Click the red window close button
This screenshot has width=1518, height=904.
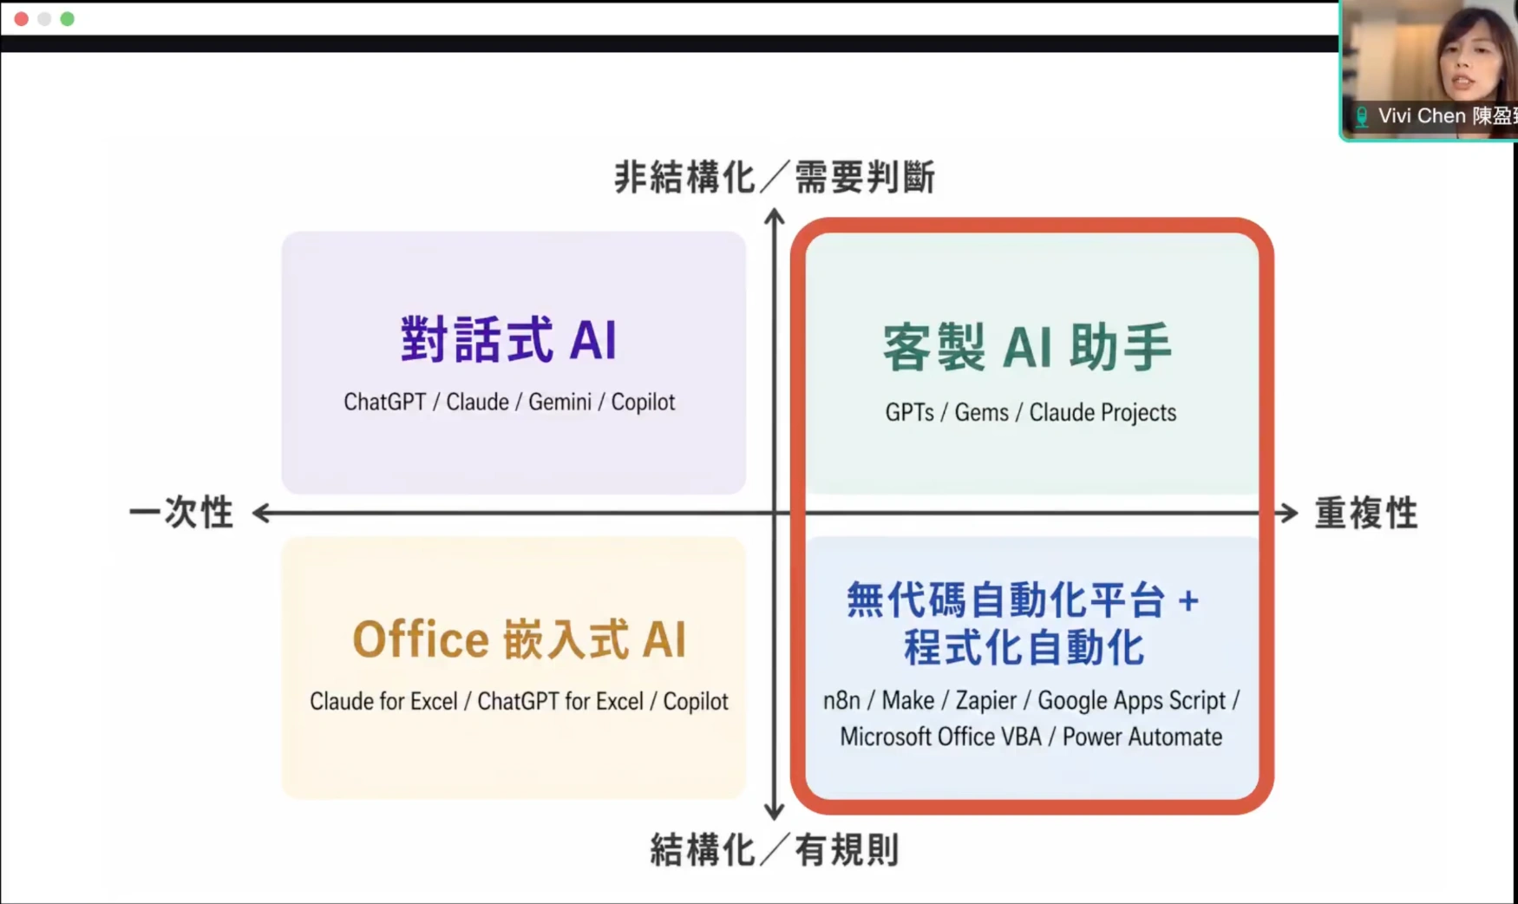click(x=21, y=18)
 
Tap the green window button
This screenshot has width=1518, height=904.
click(x=68, y=18)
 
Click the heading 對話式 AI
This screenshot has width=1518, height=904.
click(x=508, y=340)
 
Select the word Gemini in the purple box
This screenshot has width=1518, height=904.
click(x=559, y=403)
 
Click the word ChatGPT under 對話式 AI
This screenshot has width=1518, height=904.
click(x=384, y=403)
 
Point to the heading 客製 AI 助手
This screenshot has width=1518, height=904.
click(x=1028, y=347)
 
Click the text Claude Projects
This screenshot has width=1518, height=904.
click(x=1103, y=413)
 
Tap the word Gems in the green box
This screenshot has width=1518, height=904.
click(x=981, y=413)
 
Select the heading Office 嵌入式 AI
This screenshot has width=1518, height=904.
click(x=519, y=640)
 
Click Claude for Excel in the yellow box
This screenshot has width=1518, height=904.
click(x=383, y=702)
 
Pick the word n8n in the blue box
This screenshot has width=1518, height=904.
click(x=841, y=701)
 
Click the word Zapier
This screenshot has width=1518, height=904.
click(x=985, y=701)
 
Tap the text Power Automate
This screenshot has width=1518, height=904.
click(x=1142, y=737)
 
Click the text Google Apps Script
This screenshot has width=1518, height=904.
click(x=1131, y=701)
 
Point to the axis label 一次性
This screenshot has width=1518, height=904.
click(x=181, y=513)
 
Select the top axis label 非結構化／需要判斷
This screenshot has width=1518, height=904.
click(x=774, y=178)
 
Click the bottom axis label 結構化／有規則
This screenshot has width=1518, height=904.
click(x=774, y=850)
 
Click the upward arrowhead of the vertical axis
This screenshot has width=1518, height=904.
click(x=774, y=216)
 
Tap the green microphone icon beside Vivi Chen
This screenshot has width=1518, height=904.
click(x=1362, y=116)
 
